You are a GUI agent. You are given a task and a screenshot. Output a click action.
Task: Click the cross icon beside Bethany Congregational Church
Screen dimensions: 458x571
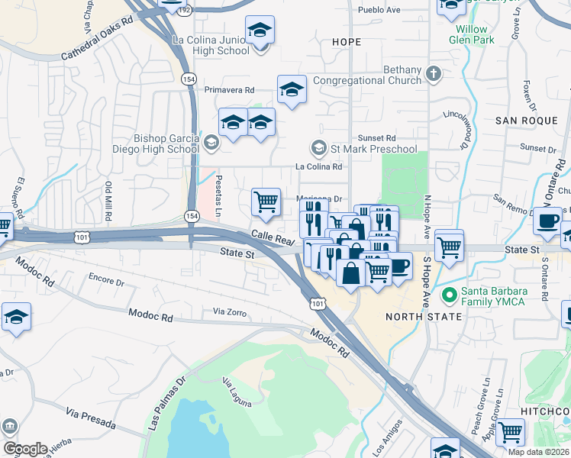point(434,74)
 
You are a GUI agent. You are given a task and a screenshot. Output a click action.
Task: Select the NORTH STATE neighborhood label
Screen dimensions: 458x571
point(423,316)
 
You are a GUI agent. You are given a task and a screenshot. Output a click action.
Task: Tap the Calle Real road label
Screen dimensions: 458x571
point(273,240)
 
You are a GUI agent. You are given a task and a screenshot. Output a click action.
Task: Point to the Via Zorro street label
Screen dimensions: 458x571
point(231,311)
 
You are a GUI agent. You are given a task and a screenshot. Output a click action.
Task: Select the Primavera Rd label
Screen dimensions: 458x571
point(229,89)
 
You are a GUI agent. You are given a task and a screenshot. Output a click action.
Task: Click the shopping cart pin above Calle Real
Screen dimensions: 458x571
point(266,202)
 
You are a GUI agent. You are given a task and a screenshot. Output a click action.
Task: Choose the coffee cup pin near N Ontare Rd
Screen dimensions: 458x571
point(547,221)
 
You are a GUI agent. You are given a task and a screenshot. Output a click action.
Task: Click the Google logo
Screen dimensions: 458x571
point(24,448)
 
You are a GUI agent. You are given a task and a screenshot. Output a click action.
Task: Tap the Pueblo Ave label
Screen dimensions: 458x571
point(380,11)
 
